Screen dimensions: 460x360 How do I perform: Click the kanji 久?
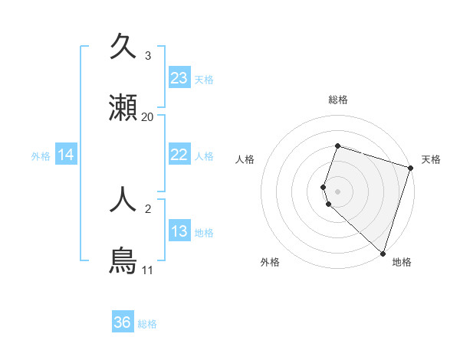tap(123, 47)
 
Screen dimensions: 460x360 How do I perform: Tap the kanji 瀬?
tap(123, 108)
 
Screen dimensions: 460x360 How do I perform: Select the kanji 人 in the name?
tap(123, 200)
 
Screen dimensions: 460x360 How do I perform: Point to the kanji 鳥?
tap(123, 260)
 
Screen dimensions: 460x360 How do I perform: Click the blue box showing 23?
tap(179, 78)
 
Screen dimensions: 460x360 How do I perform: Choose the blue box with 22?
tap(179, 155)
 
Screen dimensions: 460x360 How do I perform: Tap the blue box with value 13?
tap(179, 231)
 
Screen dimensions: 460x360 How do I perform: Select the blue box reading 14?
tap(66, 155)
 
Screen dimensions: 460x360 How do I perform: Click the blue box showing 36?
tap(123, 322)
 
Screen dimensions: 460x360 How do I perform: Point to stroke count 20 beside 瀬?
tap(148, 117)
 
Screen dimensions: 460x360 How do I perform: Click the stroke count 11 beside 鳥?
tap(147, 270)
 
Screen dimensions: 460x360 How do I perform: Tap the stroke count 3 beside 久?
tap(148, 56)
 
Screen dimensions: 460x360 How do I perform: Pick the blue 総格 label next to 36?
tap(147, 324)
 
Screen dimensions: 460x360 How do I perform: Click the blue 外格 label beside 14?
tap(41, 156)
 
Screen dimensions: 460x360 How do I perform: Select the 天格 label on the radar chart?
tap(431, 159)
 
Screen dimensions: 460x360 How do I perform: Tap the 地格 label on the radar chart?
tap(402, 262)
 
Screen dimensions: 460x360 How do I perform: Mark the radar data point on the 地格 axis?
tap(383, 253)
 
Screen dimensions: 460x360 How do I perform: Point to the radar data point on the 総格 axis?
tap(337, 146)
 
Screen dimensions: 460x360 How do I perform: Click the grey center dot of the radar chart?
tap(337, 191)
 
